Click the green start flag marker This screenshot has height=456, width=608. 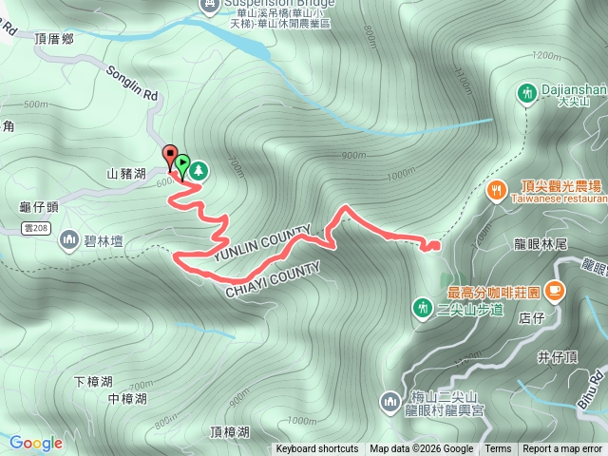click(x=182, y=164)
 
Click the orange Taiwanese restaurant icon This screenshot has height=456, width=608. click(x=497, y=190)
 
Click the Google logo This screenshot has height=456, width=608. click(x=35, y=443)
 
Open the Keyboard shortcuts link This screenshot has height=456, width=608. click(x=317, y=449)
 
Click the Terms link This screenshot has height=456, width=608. click(x=498, y=449)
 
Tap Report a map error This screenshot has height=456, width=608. click(x=563, y=449)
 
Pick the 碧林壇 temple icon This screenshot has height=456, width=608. click(x=68, y=238)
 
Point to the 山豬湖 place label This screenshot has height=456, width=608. click(x=126, y=174)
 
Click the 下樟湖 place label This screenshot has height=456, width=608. click(x=92, y=381)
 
